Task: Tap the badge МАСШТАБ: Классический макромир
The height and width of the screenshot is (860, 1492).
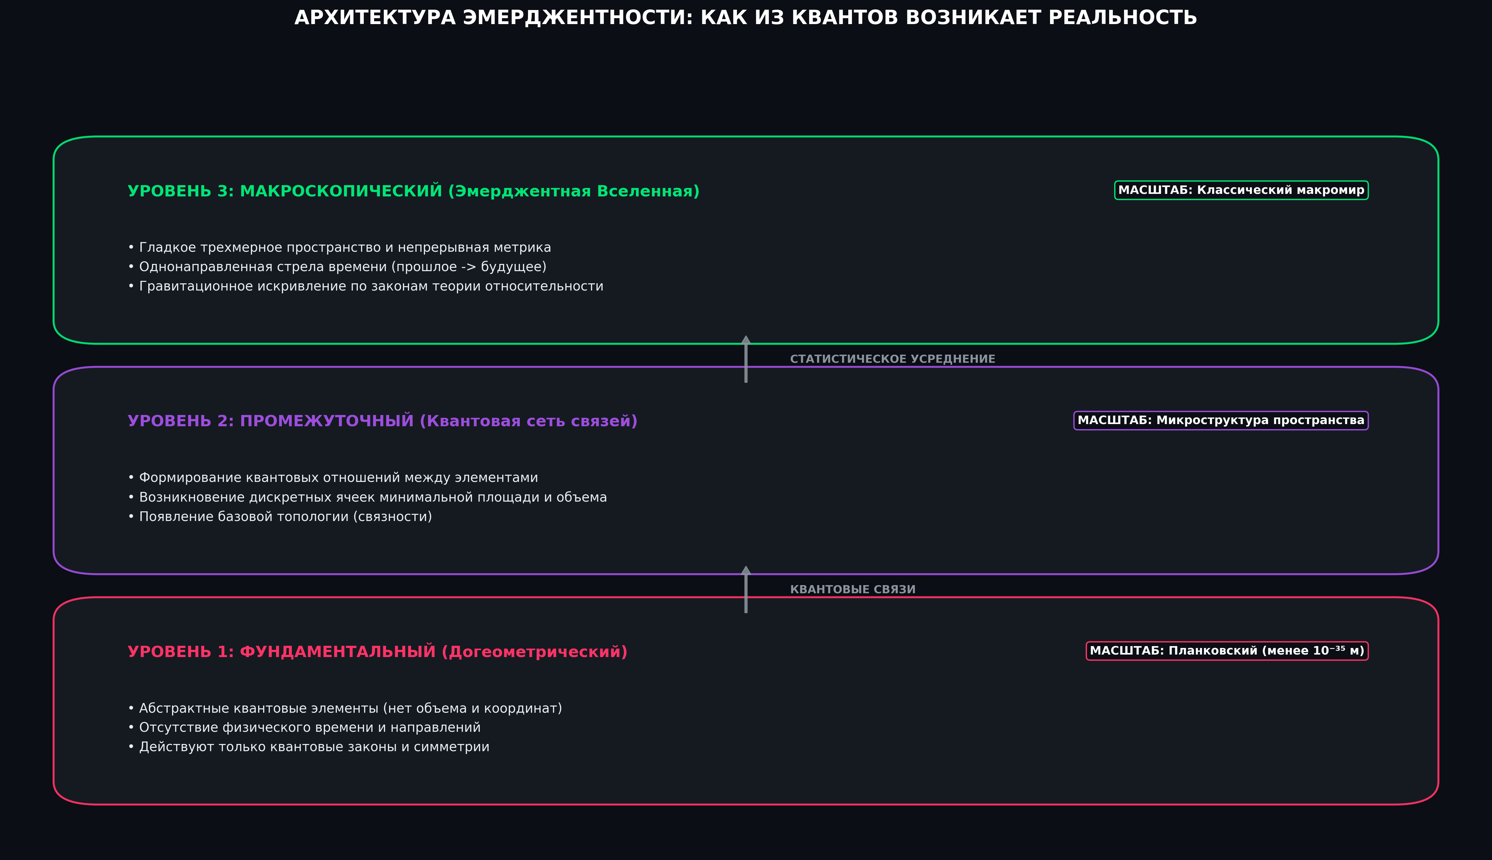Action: pos(1241,190)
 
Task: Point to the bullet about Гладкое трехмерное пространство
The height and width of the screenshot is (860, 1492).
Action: pos(340,247)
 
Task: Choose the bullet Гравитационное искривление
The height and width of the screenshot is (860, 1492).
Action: pos(366,286)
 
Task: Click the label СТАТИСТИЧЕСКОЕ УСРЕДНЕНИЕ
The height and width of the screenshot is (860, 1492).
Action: pos(892,359)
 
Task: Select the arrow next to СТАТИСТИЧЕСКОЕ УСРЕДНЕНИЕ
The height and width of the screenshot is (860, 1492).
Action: pos(746,359)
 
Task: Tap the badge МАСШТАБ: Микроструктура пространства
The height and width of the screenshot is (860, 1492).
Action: pos(1221,421)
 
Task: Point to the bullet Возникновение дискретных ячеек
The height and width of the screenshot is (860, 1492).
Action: pos(368,497)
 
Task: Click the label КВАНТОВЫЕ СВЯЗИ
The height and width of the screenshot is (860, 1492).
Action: pos(853,589)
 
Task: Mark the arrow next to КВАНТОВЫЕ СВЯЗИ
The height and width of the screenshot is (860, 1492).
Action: pos(746,589)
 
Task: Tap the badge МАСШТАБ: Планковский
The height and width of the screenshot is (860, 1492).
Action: pos(1227,651)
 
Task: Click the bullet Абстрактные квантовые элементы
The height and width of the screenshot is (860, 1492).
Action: pos(345,708)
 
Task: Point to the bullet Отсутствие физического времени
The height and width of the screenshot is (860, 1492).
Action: pos(304,728)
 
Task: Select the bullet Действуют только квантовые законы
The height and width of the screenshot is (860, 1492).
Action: pos(308,747)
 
